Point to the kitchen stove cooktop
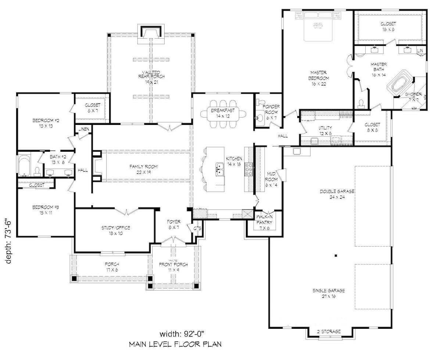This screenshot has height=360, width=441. (x=249, y=169)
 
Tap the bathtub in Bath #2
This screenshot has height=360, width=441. (x=24, y=165)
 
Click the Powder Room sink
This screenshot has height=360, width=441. (x=260, y=118)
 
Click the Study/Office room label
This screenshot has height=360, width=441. (x=116, y=230)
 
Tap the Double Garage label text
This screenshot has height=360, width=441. (x=337, y=194)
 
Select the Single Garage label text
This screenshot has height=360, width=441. (x=329, y=293)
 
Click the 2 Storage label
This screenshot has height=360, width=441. (x=329, y=331)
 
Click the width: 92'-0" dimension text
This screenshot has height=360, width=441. (x=182, y=334)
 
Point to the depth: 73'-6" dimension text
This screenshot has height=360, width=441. (x=8, y=241)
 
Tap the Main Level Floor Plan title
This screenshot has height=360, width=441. (x=175, y=345)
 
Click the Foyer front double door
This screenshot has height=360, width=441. (x=171, y=240)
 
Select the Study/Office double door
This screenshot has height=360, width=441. (x=127, y=212)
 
